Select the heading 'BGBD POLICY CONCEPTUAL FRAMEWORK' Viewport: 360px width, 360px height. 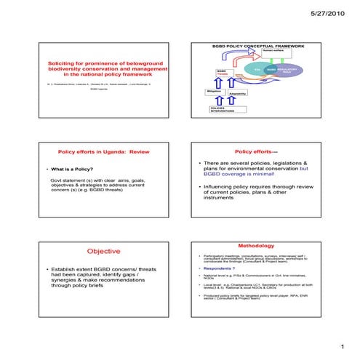click(258, 47)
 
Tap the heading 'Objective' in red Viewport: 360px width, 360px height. click(103, 251)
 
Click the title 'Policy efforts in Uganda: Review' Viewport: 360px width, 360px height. click(103, 152)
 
